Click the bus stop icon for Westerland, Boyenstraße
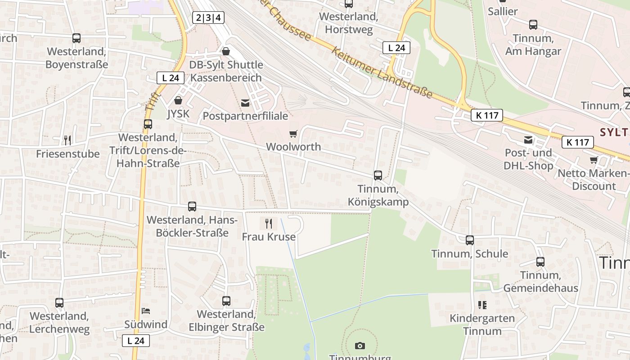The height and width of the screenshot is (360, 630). tap(76, 38)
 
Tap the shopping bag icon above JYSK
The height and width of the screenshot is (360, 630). tap(178, 100)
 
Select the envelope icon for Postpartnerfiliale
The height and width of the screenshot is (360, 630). tap(245, 103)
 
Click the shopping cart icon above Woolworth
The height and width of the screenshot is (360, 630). tap(293, 134)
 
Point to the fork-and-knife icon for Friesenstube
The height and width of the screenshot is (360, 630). tap(67, 140)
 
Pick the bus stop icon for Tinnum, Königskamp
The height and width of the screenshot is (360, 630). tap(378, 175)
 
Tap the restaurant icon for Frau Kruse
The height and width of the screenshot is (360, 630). tap(269, 223)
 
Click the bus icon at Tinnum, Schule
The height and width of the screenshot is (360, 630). tap(470, 240)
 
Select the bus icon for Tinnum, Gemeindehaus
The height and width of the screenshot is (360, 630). tap(540, 262)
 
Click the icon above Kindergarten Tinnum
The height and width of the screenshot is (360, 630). tap(482, 305)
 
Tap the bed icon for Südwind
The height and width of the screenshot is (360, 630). tap(146, 310)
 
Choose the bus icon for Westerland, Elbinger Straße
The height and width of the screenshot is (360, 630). tap(226, 301)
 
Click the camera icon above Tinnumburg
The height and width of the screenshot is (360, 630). tap(360, 346)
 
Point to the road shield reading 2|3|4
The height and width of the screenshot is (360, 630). tap(208, 18)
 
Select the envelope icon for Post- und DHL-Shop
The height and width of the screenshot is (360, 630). tap(528, 140)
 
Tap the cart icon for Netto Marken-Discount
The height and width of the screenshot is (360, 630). tap(594, 160)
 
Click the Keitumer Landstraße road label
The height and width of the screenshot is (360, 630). tap(382, 72)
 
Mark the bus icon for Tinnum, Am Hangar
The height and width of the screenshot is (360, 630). tap(533, 25)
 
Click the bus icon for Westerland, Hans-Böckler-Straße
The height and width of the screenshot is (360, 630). tap(192, 207)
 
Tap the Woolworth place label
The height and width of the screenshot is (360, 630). tap(293, 147)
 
